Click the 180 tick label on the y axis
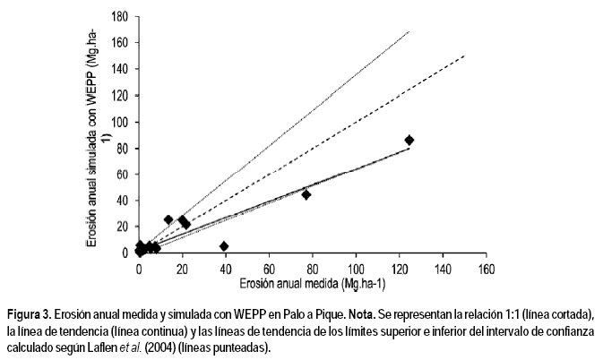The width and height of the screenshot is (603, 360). (x=118, y=16)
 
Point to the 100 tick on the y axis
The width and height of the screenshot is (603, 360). (x=118, y=122)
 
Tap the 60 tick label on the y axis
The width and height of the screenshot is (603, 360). (x=121, y=174)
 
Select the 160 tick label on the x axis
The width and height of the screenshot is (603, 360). (x=486, y=268)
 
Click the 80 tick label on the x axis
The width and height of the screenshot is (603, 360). (x=313, y=268)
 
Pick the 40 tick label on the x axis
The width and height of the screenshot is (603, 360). (x=226, y=268)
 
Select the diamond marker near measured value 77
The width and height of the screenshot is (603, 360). (x=306, y=194)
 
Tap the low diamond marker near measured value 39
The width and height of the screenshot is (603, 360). (x=224, y=246)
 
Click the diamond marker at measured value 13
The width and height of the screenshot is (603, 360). (x=168, y=219)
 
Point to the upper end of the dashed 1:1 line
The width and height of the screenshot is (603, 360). (x=464, y=56)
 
